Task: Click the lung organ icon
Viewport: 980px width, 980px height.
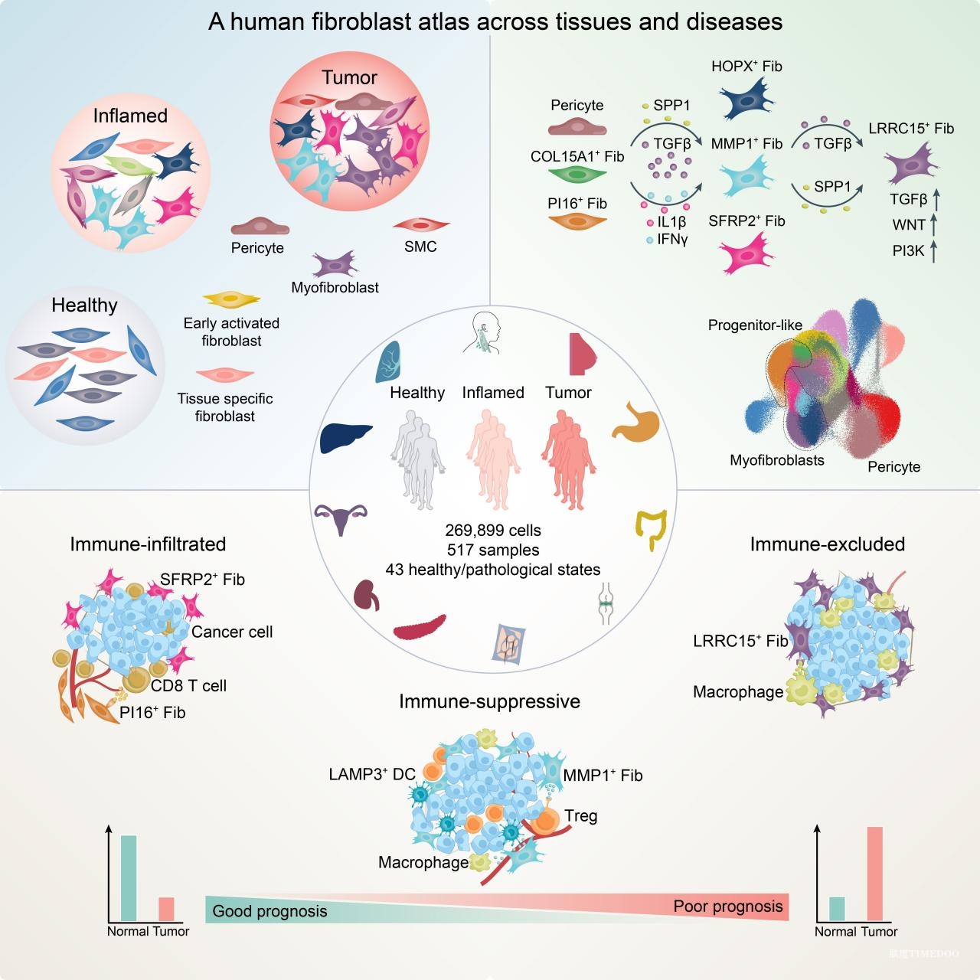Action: [x=388, y=361]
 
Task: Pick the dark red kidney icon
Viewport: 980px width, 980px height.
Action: [x=367, y=595]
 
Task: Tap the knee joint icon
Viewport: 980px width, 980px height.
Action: [x=606, y=603]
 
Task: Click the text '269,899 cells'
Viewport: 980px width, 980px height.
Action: [x=493, y=531]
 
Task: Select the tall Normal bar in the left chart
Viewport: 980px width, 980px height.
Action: [x=129, y=877]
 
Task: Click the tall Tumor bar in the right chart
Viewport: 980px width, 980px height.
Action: [x=874, y=874]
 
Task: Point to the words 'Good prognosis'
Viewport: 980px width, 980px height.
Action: [x=269, y=911]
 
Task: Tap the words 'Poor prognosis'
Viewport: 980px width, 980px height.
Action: [x=728, y=906]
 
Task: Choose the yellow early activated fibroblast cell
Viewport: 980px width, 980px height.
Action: [x=231, y=299]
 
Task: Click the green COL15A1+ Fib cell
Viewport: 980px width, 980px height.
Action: [x=577, y=175]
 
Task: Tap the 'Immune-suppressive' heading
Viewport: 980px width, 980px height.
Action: [x=489, y=701]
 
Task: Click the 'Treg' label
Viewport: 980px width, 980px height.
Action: [x=581, y=815]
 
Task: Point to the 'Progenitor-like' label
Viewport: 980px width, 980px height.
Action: [x=755, y=325]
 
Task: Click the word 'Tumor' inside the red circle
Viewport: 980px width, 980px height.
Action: [x=349, y=77]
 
